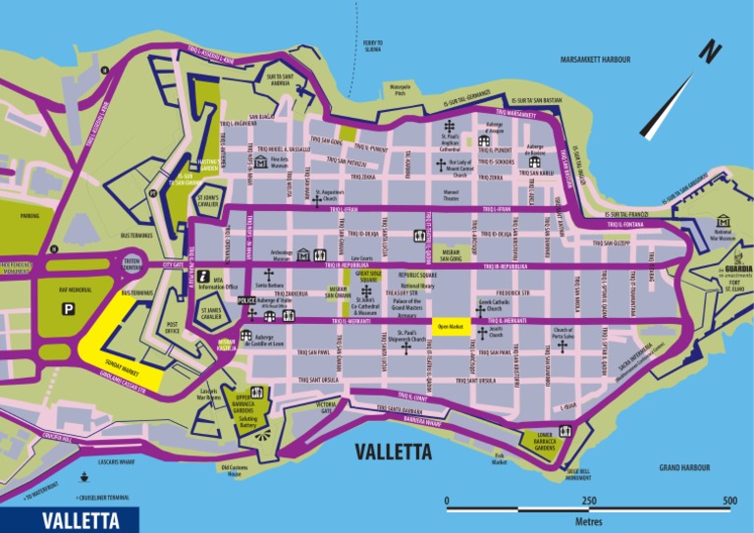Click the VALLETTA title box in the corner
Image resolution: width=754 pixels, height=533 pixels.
coord(69,520)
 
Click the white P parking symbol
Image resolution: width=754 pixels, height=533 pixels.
coord(69,309)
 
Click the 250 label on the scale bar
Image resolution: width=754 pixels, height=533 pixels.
coord(588,501)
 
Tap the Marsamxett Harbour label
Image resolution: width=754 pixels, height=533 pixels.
coord(601,60)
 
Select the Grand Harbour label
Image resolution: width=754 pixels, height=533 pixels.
coord(684,468)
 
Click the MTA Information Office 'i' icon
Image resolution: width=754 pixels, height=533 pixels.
coord(204,277)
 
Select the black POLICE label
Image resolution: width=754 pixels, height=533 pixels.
coord(246,300)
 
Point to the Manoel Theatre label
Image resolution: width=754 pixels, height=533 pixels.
coord(451,194)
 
